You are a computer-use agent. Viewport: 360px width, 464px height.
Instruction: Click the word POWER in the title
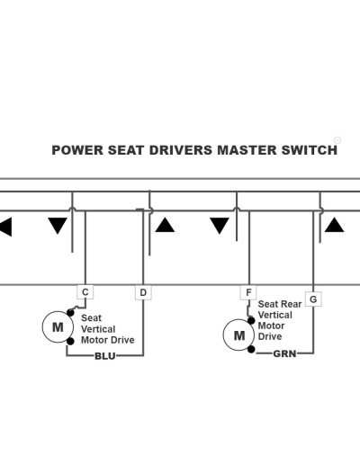coord(77,150)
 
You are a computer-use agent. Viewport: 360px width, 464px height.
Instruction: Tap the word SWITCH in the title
coord(310,150)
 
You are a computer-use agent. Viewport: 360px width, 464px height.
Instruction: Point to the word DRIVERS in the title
coord(181,150)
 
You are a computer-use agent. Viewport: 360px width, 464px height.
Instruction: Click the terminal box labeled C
coord(85,292)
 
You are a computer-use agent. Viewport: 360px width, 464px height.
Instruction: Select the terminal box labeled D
coord(143,292)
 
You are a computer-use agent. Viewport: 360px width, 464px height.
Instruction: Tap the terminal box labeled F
coord(248,292)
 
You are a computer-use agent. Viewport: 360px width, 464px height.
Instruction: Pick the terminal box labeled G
coord(313,299)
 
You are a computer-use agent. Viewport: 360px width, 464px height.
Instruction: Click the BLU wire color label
coord(105,356)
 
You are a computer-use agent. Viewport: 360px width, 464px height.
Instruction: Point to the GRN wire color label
coord(284,353)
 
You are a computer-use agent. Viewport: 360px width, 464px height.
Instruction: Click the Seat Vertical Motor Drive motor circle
coord(58,327)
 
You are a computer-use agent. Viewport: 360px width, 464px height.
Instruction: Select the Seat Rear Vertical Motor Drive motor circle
coord(239,335)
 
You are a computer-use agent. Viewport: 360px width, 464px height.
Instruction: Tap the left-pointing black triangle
coord(5,227)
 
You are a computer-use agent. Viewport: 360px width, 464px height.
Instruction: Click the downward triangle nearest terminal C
coord(58,226)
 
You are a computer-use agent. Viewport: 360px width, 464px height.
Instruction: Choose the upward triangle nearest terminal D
coord(165,225)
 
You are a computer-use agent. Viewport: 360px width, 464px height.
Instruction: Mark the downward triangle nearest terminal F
coord(220,226)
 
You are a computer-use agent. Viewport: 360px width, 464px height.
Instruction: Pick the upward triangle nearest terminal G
coord(334,225)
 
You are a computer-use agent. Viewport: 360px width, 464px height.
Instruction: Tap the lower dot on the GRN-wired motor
coord(251,349)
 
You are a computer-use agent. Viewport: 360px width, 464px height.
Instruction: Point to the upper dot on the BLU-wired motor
coord(70,313)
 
